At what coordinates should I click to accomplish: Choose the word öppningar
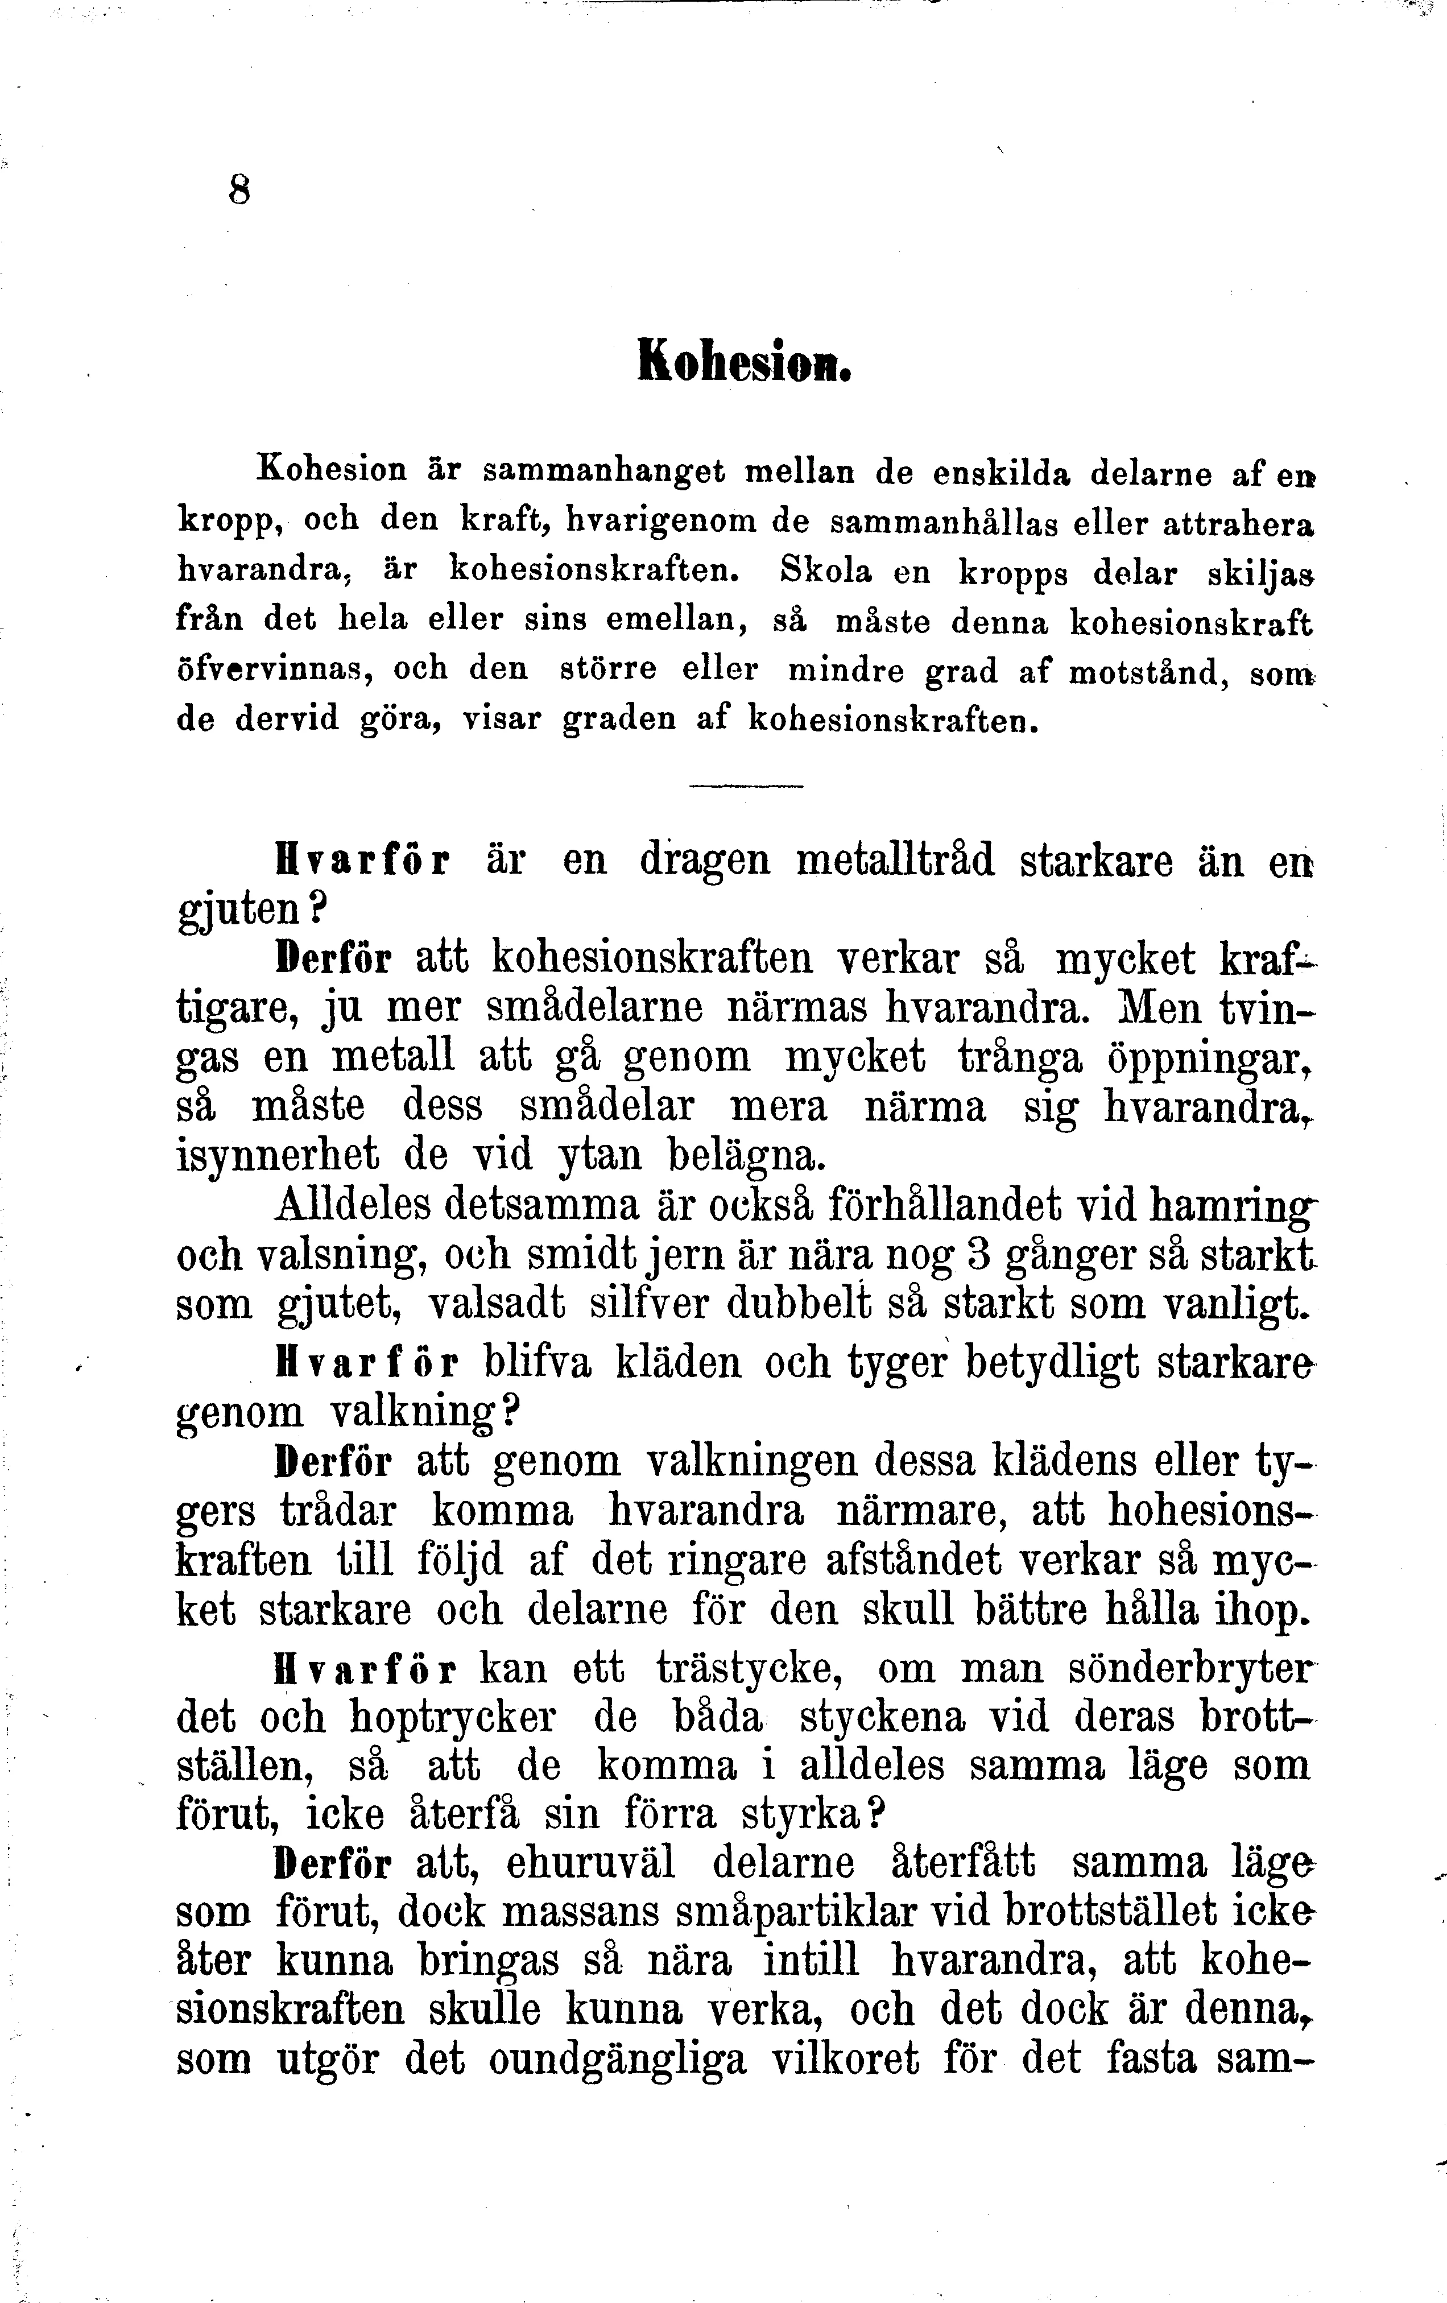pos(1203,1058)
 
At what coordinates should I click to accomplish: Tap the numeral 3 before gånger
pos(977,1254)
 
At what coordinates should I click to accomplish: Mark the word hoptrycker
pos(452,1718)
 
